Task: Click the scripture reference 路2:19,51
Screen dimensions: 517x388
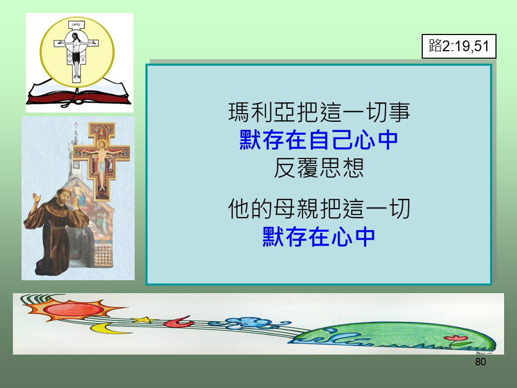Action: click(x=459, y=46)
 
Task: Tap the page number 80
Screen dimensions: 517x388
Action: click(x=480, y=362)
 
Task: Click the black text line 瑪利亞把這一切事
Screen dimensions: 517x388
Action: click(x=319, y=112)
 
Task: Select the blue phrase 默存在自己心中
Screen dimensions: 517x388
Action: click(x=318, y=140)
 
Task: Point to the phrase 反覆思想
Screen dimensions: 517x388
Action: click(x=319, y=168)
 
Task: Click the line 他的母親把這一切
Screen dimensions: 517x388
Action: click(x=319, y=209)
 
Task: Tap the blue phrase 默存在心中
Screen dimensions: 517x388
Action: click(x=318, y=237)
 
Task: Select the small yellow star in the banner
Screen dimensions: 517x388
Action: click(x=143, y=320)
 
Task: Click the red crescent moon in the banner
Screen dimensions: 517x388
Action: click(x=179, y=321)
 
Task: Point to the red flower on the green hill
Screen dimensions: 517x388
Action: click(x=456, y=338)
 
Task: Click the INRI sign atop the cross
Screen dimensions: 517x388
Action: click(x=76, y=25)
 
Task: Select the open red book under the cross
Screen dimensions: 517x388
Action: click(x=79, y=94)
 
